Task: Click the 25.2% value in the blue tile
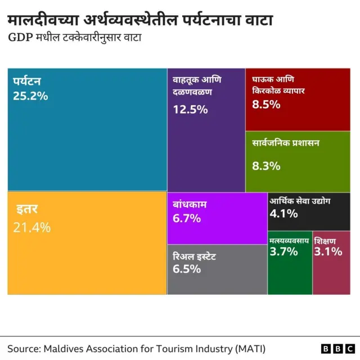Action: (30, 96)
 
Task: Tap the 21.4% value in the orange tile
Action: (31, 227)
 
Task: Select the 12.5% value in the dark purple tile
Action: (190, 110)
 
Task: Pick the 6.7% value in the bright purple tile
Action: (187, 218)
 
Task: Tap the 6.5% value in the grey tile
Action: (187, 269)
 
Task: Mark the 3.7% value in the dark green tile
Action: (283, 251)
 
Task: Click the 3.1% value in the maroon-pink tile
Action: (328, 251)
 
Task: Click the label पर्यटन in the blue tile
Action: (28, 82)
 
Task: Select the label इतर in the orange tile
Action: (26, 210)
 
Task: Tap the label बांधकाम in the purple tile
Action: (190, 204)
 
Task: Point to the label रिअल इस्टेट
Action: (195, 256)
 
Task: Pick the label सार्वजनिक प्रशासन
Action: (286, 143)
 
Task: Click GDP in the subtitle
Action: (19, 39)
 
